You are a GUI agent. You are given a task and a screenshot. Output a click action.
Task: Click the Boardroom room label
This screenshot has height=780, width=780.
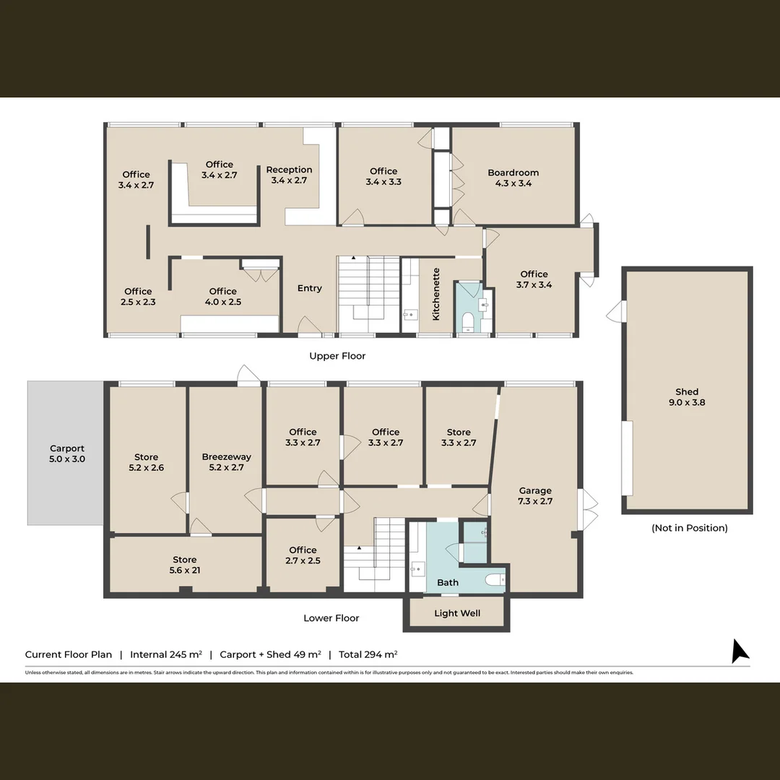(513, 178)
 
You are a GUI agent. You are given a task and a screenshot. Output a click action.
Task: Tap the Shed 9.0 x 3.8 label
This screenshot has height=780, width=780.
(686, 397)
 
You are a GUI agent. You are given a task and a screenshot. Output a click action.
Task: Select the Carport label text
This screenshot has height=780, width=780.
(67, 454)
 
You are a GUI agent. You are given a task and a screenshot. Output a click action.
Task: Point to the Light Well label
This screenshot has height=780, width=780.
(457, 613)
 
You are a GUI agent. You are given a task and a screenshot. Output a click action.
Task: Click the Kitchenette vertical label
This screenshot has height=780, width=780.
(436, 294)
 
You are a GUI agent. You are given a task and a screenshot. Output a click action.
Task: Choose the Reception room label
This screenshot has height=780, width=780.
(289, 175)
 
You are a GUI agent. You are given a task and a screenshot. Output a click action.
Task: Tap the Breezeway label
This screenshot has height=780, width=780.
(227, 461)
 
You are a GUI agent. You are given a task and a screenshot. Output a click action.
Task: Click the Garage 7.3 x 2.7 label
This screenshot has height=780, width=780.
(534, 495)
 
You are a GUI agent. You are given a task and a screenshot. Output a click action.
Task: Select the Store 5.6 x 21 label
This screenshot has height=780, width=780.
(185, 565)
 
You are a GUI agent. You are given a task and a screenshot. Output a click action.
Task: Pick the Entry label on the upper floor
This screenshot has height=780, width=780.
(309, 288)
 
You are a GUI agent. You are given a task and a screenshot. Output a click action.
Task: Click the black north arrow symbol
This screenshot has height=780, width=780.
(740, 651)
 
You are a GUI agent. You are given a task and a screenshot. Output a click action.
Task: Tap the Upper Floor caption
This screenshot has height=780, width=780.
(337, 356)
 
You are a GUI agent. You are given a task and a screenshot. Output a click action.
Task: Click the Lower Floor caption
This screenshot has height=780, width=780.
(331, 618)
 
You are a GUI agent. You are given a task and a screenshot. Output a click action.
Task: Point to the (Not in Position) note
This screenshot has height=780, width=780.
(689, 528)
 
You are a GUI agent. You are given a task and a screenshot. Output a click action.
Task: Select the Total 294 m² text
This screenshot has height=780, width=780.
(368, 655)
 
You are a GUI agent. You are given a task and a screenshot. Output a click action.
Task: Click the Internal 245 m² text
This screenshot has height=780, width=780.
(165, 655)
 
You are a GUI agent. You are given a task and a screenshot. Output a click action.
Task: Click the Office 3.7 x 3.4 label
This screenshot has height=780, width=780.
(534, 279)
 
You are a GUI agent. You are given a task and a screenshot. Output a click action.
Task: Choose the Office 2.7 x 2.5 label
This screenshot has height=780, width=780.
(303, 555)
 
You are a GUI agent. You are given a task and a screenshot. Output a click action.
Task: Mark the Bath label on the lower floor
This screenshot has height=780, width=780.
(448, 582)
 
